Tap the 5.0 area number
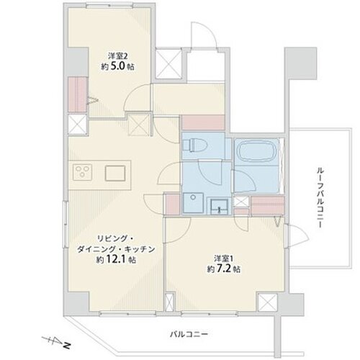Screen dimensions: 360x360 tap(118, 66)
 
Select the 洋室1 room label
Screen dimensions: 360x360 tap(224, 259)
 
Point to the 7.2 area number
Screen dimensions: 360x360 tap(224, 269)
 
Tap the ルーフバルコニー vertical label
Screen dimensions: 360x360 tap(320, 197)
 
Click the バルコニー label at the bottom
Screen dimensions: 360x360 tap(189, 334)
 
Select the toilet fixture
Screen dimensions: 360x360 tap(194, 145)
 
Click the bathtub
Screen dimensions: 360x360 tap(257, 151)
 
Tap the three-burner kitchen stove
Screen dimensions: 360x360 tap(82, 172)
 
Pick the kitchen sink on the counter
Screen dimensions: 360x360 tap(115, 173)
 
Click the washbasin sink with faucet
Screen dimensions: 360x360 tap(219, 206)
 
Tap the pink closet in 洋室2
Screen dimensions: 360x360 tap(77, 94)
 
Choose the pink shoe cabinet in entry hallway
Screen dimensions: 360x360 tap(203, 123)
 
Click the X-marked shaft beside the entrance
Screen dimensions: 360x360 tap(168, 63)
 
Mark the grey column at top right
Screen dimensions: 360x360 tap(300, 63)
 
